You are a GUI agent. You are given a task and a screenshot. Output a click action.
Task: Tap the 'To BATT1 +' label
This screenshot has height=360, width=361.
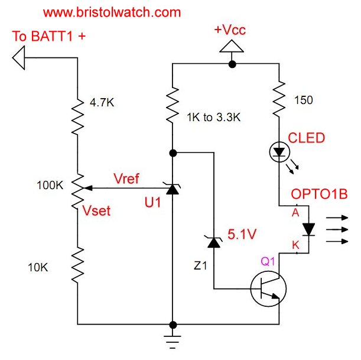[49, 37]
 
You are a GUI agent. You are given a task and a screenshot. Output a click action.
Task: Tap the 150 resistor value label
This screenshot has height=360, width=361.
[304, 100]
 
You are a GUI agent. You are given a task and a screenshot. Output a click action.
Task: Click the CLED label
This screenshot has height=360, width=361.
[306, 138]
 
